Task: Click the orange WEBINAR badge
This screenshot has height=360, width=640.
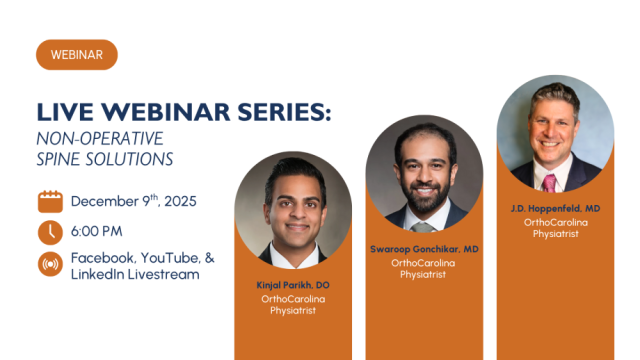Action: [77, 55]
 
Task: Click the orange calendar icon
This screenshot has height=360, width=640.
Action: [50, 201]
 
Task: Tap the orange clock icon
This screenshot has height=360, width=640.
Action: [50, 233]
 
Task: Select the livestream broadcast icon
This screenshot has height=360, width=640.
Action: [50, 265]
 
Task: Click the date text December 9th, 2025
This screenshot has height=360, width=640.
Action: [133, 201]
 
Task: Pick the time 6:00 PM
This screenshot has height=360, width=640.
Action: [96, 232]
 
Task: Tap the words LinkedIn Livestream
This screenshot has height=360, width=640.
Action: [134, 274]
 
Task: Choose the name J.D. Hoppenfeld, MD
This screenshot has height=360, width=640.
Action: [555, 208]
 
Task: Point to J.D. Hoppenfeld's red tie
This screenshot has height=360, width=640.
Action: [549, 182]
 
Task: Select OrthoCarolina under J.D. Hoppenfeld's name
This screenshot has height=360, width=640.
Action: [555, 222]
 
